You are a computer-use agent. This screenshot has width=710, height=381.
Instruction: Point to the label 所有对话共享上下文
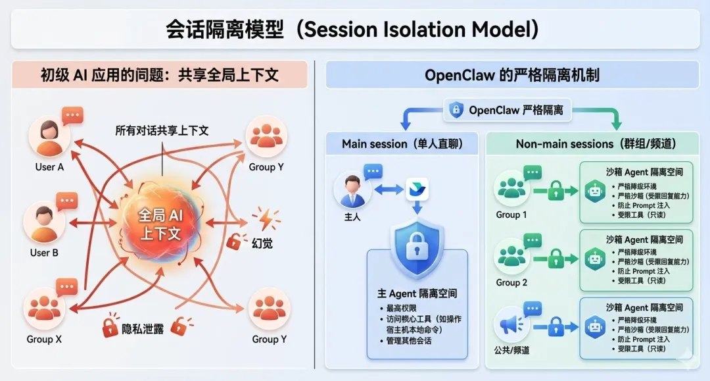coord(162,130)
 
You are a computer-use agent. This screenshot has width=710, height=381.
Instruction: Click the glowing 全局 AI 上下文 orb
coord(160,224)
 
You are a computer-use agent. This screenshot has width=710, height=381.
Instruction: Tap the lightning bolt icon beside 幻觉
coord(267,218)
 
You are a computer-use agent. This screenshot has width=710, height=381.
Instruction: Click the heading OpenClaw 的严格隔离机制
coord(512,75)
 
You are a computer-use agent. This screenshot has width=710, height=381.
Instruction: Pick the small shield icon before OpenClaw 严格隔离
coord(456,110)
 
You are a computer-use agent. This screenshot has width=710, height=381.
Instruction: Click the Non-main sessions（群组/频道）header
coord(596,143)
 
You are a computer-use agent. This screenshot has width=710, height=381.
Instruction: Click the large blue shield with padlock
coord(417,249)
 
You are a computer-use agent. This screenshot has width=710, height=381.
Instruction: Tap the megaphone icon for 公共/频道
coord(511,325)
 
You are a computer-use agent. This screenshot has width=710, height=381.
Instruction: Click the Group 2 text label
coord(511,282)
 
